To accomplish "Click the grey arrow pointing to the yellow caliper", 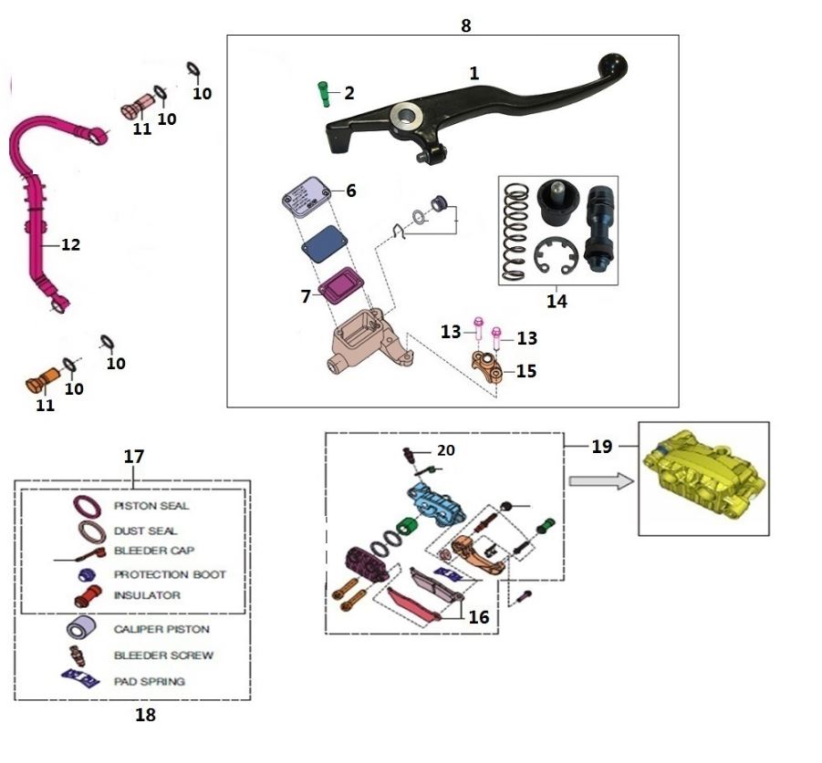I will (597, 479).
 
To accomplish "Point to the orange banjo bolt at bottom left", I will (40, 377).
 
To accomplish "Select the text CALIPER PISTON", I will (161, 629).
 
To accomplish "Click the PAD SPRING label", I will (149, 680).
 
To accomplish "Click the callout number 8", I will (466, 26).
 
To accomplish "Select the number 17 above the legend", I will (134, 456).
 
